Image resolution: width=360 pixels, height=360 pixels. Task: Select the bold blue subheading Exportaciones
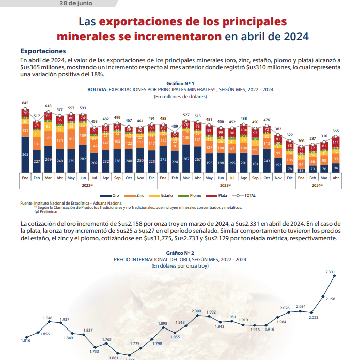[43, 51]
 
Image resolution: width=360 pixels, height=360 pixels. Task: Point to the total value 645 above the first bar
[25, 103]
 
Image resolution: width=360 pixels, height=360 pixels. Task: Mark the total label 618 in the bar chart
[48, 106]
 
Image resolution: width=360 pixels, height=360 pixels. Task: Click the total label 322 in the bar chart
[289, 135]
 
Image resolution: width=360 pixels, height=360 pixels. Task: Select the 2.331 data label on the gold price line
[330, 272]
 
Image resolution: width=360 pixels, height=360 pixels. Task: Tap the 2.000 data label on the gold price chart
[196, 311]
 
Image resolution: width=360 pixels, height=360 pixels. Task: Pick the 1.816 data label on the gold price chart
[25, 340]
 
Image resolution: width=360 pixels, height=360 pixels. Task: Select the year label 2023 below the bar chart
[223, 184]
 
